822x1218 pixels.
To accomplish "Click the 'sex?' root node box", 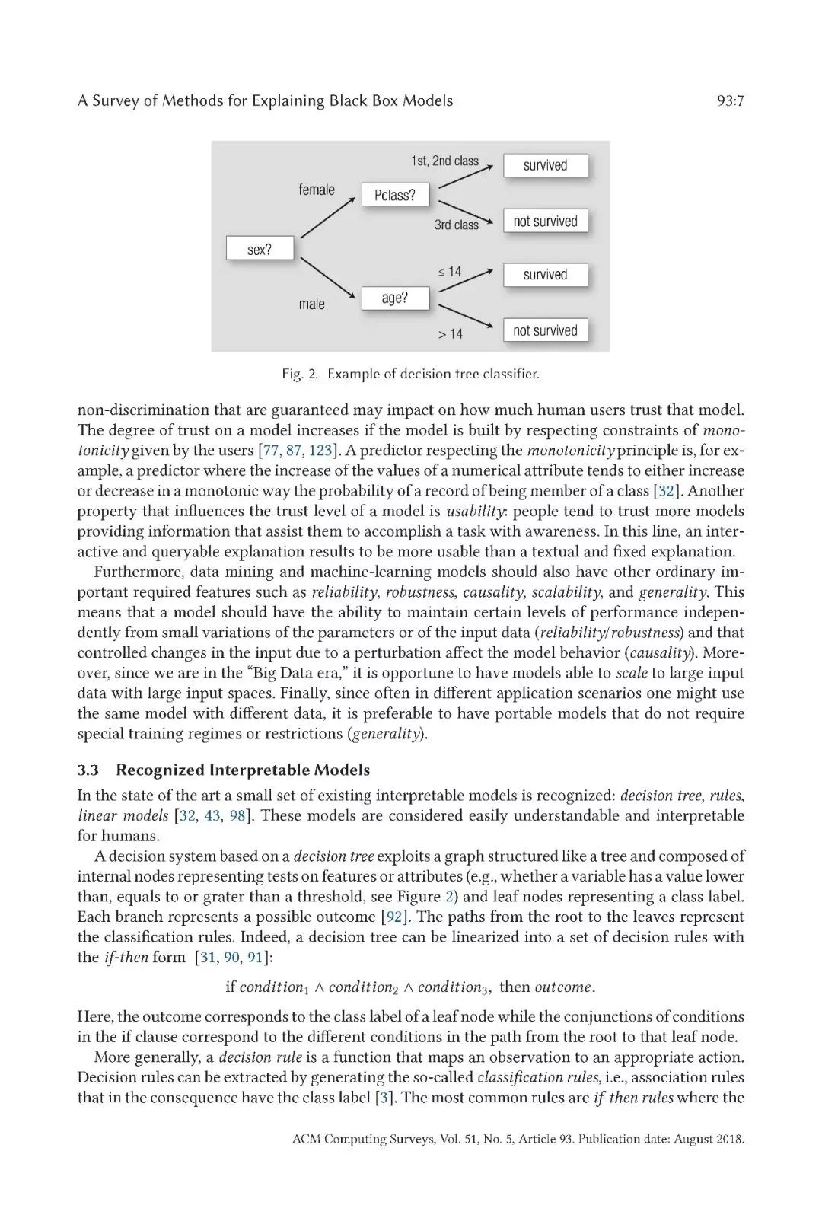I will click(260, 249).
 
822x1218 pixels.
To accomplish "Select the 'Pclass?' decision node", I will click(395, 195).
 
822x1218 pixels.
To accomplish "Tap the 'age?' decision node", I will click(395, 298).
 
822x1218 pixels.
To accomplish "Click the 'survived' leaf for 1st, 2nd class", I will click(545, 165).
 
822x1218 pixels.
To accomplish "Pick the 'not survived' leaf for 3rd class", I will click(545, 222).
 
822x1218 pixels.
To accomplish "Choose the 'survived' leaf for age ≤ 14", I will click(545, 275).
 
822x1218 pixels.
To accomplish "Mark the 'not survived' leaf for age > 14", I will click(545, 330).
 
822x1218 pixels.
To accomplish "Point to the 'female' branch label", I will click(317, 190).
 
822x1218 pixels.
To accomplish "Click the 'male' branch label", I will click(311, 304).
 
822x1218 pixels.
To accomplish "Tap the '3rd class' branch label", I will click(456, 225).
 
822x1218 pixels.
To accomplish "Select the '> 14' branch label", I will click(450, 333).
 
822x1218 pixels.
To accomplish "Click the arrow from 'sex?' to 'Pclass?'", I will click(327, 218).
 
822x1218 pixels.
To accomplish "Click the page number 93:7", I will click(730, 100).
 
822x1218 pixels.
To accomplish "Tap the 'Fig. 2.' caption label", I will click(300, 374).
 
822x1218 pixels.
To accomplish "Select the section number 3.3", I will click(88, 770).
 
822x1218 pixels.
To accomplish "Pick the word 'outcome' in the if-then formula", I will click(562, 987).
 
